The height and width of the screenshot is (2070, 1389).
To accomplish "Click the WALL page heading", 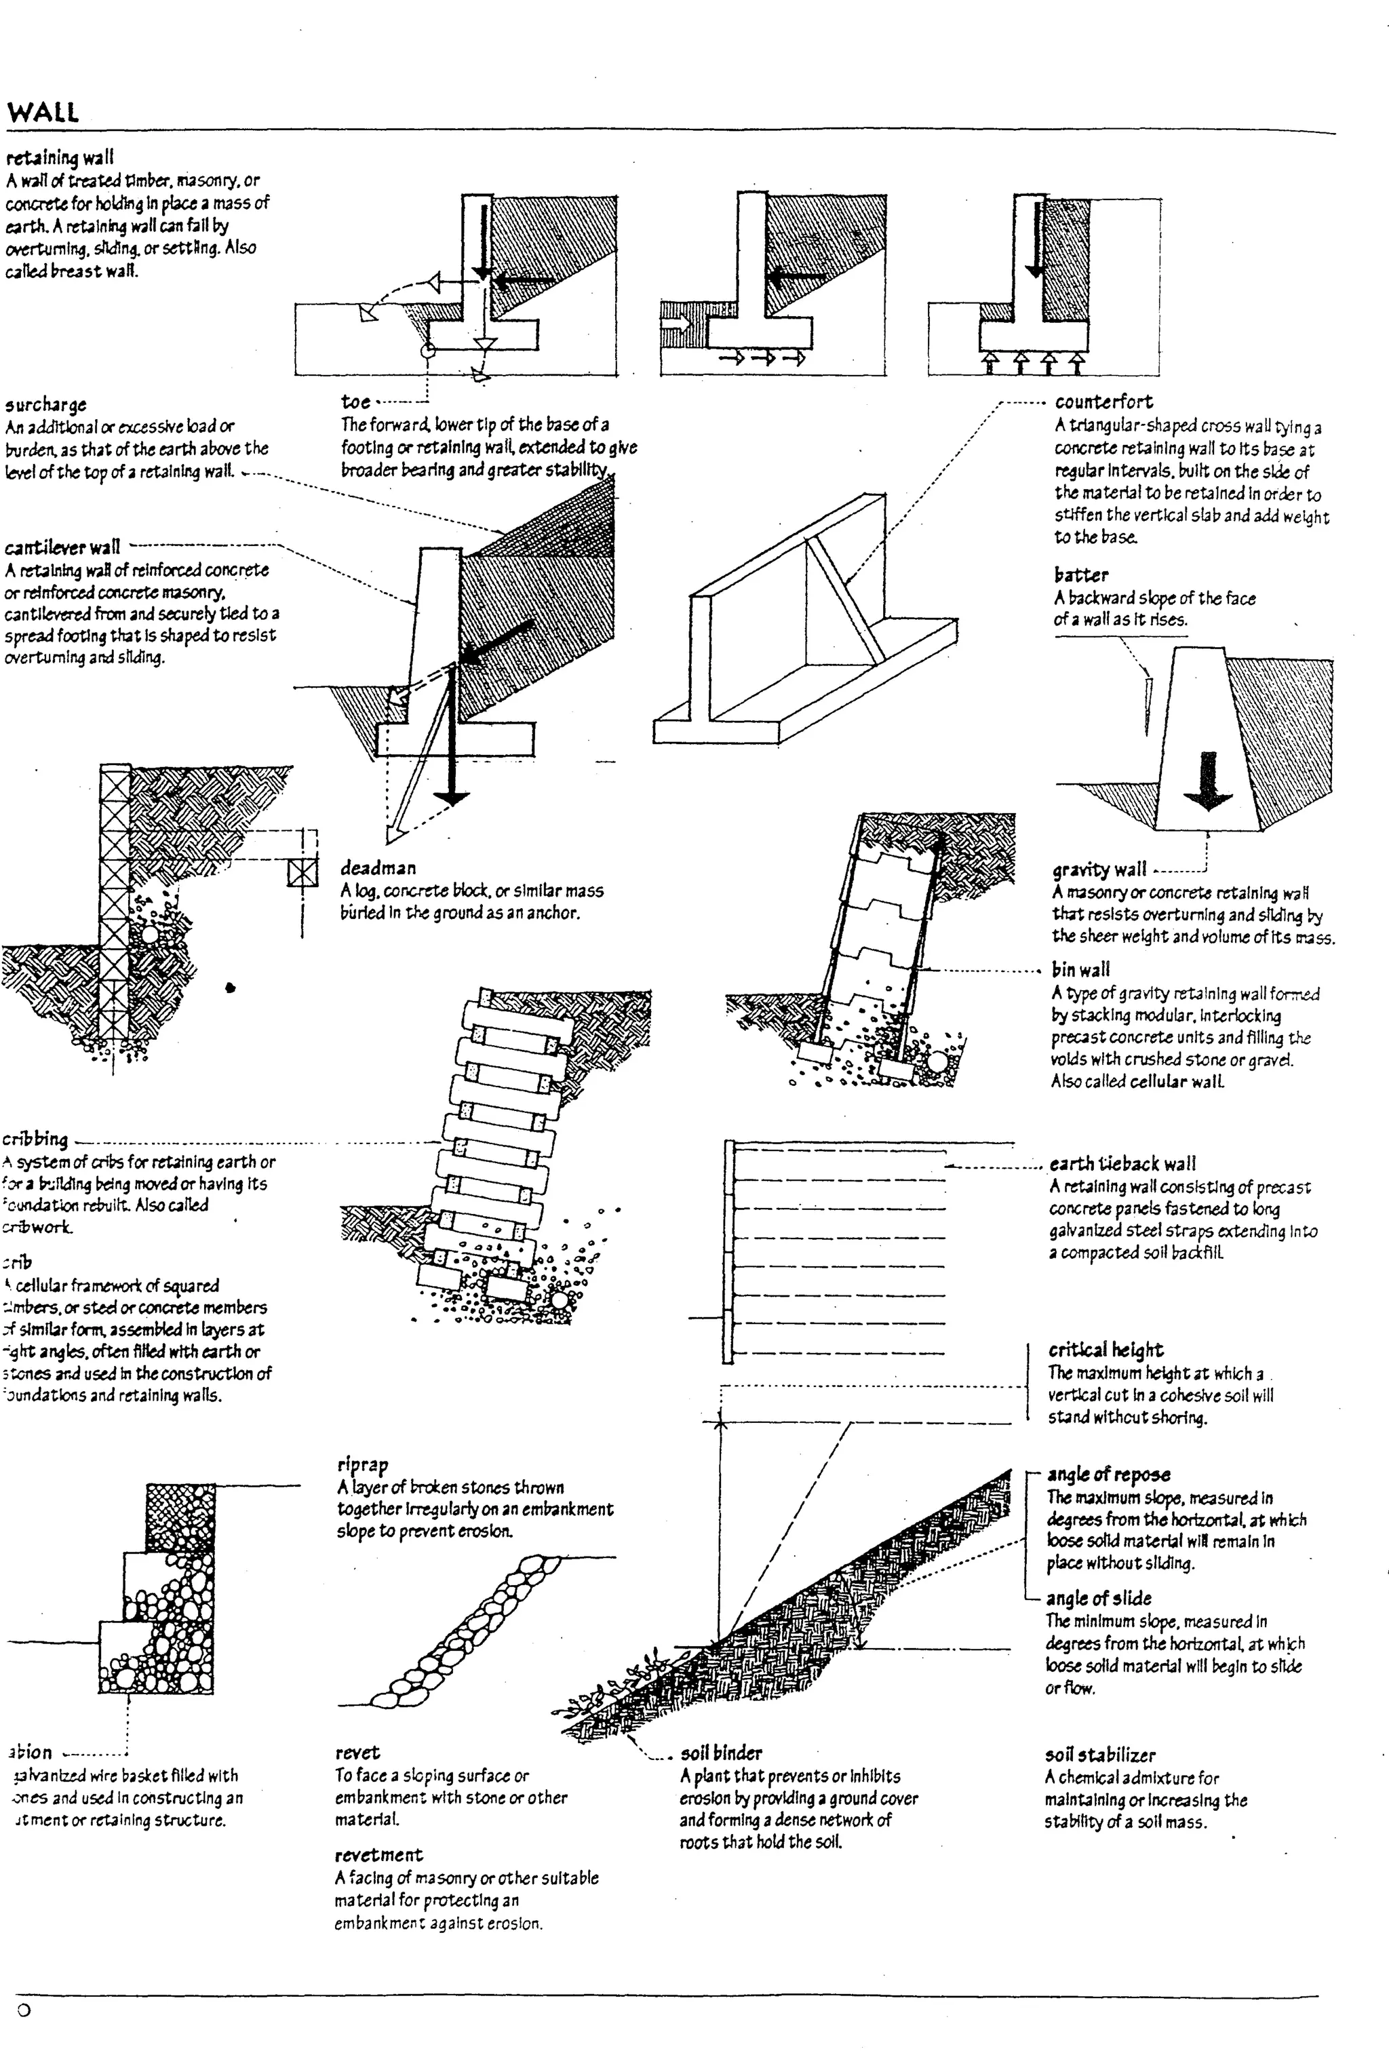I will (x=43, y=113).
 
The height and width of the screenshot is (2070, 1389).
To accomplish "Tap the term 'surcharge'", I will (x=46, y=405).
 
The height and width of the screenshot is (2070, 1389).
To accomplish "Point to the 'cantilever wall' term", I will (x=62, y=547).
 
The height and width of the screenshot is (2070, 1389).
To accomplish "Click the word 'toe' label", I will (x=355, y=402).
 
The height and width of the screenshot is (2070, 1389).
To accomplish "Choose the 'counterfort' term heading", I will (x=1103, y=402).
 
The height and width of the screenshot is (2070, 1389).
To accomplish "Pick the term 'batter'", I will (x=1080, y=574).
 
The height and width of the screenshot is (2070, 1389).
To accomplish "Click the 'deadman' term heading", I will (x=377, y=868).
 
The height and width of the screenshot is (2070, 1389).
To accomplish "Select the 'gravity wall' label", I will (x=1099, y=870).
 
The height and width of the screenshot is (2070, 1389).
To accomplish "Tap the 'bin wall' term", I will (x=1080, y=969).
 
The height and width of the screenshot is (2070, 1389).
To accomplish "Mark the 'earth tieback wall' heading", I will (x=1122, y=1163).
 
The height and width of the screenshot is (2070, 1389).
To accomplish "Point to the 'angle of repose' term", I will (x=1108, y=1475).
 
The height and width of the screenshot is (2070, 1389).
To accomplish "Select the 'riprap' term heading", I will (x=362, y=1464).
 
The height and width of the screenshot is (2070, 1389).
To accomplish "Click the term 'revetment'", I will (x=378, y=1847).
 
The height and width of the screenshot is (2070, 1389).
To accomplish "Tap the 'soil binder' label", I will (x=720, y=1752).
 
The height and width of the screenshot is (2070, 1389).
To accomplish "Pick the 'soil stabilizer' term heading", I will (x=1100, y=1754).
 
